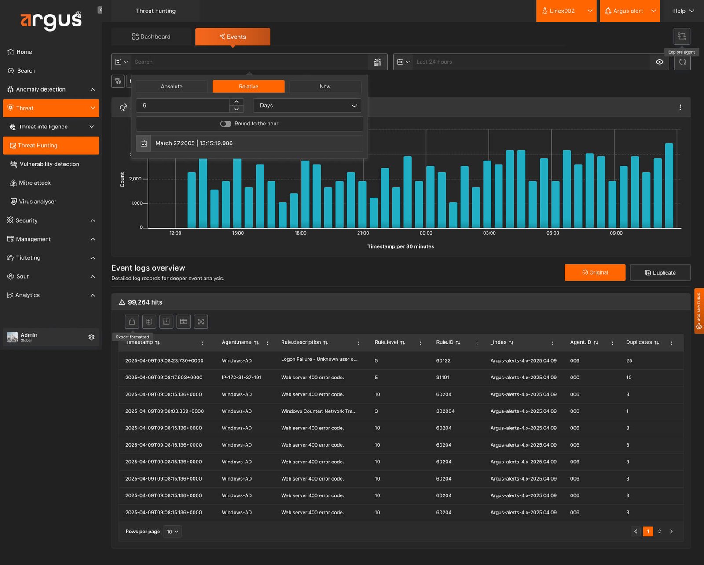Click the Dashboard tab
[151, 37]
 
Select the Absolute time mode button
[172, 86]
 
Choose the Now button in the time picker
[325, 86]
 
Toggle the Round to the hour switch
[225, 124]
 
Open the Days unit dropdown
[307, 105]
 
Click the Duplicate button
[660, 272]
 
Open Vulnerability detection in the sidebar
[49, 164]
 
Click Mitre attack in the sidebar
[35, 183]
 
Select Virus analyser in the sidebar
[38, 202]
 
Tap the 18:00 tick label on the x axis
[301, 233]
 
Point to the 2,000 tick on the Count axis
[136, 179]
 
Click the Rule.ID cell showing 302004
[445, 411]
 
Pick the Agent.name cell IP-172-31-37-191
[242, 378]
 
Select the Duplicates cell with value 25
[629, 360]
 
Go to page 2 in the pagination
[660, 531]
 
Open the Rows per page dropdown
[172, 532]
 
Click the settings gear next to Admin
[92, 337]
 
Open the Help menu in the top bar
[683, 11]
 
